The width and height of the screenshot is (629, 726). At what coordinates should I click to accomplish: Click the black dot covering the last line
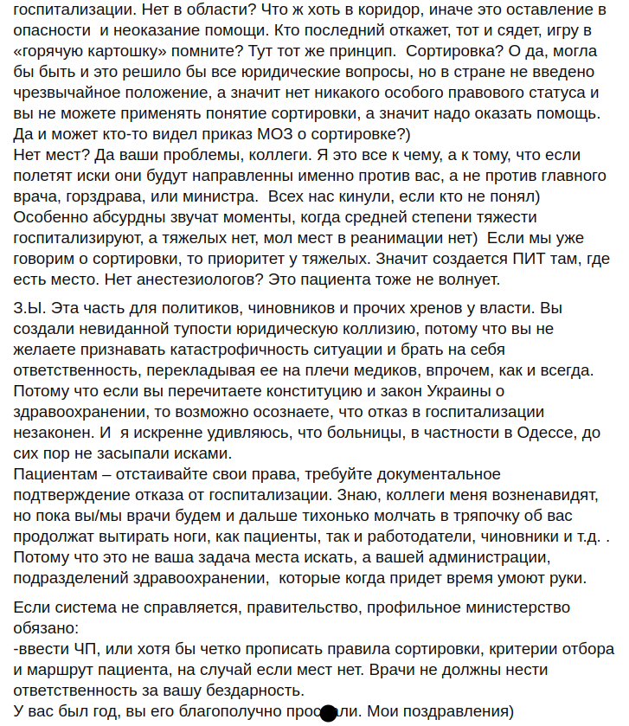tap(329, 713)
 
